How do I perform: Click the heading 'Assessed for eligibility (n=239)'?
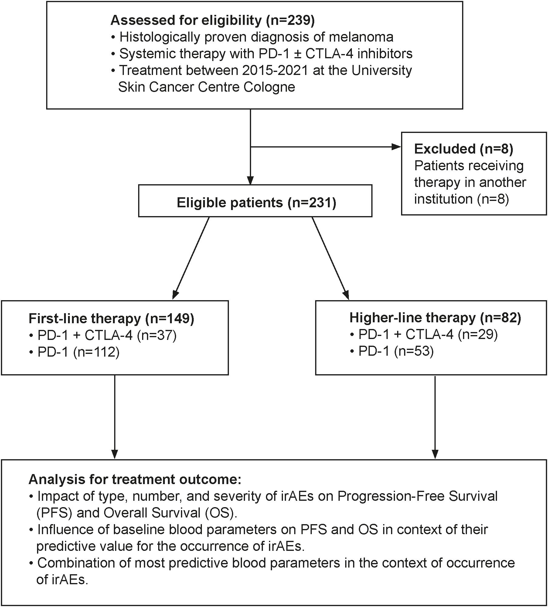point(212,20)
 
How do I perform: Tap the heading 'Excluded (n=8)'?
point(463,149)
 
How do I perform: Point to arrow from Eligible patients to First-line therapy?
point(191,258)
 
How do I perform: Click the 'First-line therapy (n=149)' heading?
point(111,319)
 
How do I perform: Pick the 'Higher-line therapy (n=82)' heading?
point(435,318)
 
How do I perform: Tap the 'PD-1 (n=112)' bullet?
point(78,352)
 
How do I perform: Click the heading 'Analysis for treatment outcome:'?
point(135,480)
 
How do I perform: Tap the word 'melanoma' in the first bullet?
point(361,37)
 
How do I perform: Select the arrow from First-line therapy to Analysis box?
point(114,417)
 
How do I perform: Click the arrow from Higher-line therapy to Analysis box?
point(435,417)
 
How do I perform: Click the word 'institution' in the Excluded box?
point(443,199)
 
